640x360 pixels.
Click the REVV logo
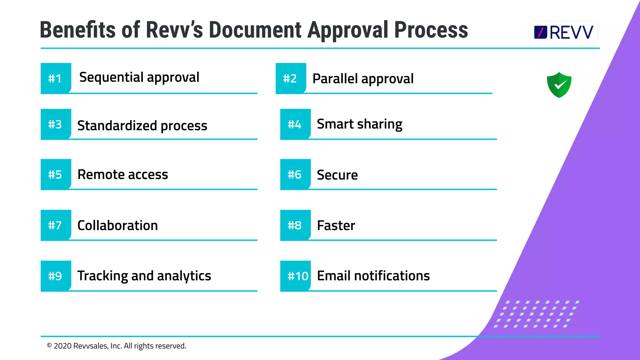(x=563, y=32)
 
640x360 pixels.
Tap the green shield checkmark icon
(x=559, y=85)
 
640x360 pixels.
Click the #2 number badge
(x=290, y=78)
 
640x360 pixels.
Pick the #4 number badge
(x=295, y=124)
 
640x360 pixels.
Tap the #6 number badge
(x=295, y=174)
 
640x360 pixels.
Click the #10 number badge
(x=297, y=276)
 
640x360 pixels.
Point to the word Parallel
(x=335, y=78)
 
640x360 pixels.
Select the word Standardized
(x=117, y=126)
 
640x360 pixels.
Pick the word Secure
(x=337, y=175)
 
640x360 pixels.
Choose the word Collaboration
(x=117, y=225)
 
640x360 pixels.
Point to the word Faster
(x=336, y=225)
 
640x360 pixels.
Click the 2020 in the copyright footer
(x=62, y=346)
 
